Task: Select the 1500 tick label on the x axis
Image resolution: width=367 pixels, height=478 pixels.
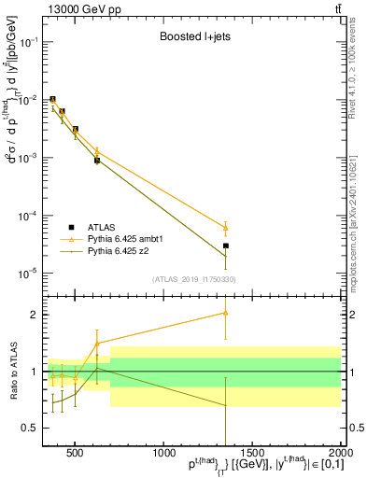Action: [252, 453]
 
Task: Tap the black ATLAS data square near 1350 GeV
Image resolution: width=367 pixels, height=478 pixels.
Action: [226, 246]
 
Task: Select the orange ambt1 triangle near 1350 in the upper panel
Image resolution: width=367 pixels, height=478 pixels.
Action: [226, 228]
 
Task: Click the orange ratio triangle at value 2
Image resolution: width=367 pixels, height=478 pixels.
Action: [226, 313]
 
